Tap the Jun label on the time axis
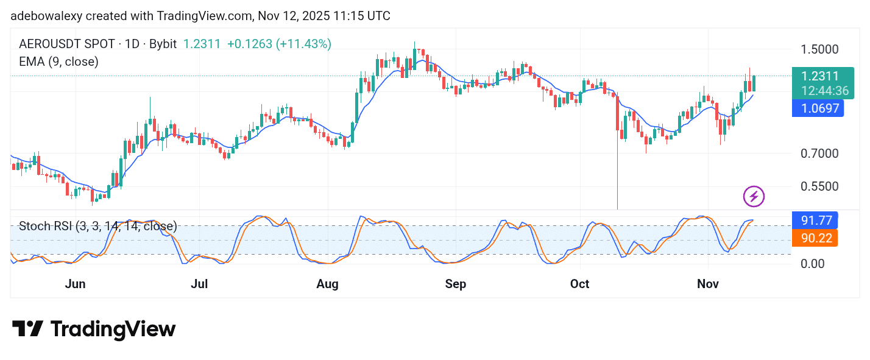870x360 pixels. [x=75, y=284]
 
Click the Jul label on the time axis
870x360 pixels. [x=200, y=284]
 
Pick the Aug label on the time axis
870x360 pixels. [x=328, y=284]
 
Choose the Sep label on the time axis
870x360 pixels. [x=456, y=284]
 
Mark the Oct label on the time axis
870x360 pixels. [x=580, y=284]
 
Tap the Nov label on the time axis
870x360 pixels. [x=708, y=284]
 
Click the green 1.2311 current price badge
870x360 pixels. [x=820, y=77]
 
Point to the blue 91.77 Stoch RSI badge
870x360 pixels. [x=814, y=220]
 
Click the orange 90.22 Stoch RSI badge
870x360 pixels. [x=814, y=238]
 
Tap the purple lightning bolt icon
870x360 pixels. [x=754, y=196]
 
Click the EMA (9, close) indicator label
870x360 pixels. [x=58, y=62]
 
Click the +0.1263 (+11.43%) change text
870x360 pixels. [x=279, y=44]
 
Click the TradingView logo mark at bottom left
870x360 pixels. [x=27, y=329]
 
